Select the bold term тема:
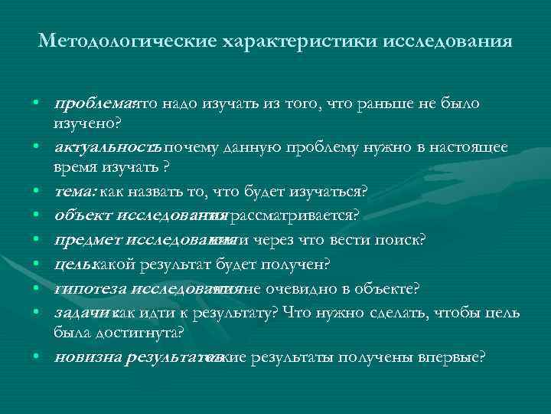[x=75, y=189]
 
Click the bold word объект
[x=78, y=215]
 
